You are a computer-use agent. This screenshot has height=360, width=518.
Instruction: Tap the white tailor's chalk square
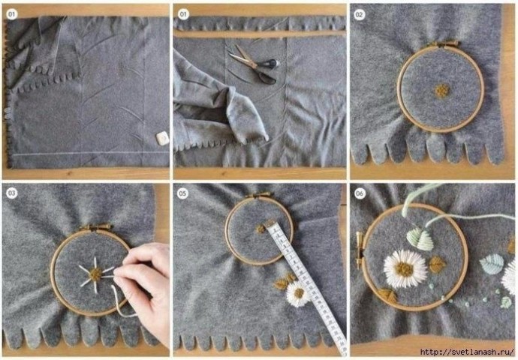click(162, 138)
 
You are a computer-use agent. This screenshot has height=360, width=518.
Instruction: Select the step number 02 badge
click(359, 15)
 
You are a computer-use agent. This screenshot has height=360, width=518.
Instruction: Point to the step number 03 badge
click(12, 193)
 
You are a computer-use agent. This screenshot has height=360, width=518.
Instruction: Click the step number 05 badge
click(182, 193)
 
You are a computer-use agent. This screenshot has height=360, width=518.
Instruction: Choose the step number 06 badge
click(360, 193)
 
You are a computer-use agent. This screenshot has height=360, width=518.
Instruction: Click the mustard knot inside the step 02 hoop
click(442, 91)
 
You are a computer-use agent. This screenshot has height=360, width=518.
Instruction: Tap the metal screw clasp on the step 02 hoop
click(444, 43)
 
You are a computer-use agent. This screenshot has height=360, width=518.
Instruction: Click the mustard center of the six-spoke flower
click(96, 274)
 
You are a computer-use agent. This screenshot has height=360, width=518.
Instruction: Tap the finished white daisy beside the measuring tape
click(298, 294)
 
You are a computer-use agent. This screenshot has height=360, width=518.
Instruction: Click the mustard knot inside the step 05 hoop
click(261, 228)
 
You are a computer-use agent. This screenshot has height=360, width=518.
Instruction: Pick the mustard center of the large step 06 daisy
click(405, 269)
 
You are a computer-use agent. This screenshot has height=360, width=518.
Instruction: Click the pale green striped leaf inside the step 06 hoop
click(420, 239)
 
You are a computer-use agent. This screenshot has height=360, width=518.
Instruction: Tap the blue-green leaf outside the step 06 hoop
click(492, 264)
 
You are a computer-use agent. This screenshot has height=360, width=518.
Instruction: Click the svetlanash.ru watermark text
click(467, 352)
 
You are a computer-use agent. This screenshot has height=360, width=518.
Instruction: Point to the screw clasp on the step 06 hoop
click(359, 250)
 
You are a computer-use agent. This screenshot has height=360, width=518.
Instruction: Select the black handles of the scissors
click(270, 70)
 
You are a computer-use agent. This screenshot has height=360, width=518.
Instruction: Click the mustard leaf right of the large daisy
click(437, 264)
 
